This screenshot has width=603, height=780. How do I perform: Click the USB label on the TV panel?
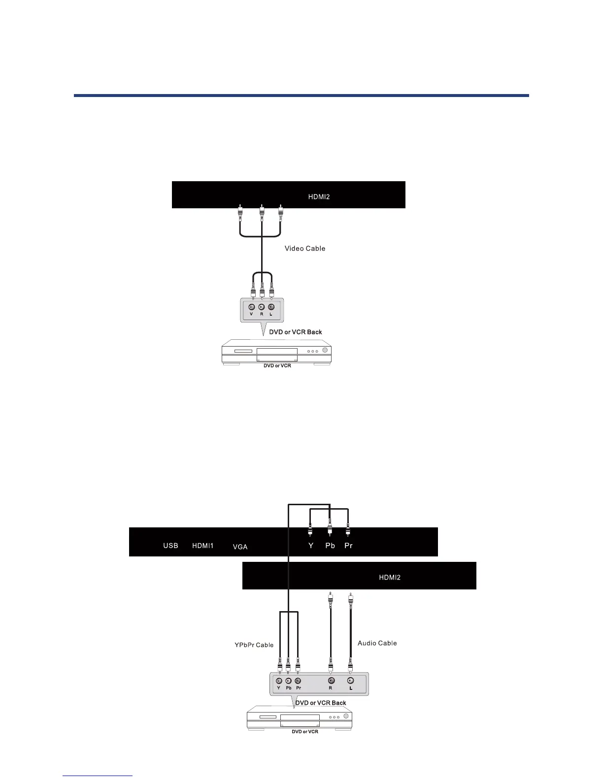170,546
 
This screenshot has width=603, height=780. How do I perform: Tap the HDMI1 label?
202,546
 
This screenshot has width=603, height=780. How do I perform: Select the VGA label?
240,547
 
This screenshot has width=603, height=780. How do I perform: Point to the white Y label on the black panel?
310,546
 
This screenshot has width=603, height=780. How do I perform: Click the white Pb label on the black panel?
330,546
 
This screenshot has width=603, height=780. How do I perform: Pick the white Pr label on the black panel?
348,546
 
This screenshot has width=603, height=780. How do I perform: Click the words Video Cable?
305,249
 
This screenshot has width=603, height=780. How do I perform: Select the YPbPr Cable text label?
254,645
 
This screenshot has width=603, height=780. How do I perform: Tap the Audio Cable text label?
377,643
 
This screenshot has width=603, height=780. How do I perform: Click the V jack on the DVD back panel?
252,307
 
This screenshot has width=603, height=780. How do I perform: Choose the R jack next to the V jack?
262,307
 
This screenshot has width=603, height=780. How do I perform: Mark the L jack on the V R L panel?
271,307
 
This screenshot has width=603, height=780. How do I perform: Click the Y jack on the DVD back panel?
279,681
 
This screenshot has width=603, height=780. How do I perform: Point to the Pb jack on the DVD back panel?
288,681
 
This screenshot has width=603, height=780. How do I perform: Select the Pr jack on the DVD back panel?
298,681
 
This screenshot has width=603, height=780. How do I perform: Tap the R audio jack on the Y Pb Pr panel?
331,681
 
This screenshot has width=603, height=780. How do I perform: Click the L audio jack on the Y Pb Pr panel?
350,681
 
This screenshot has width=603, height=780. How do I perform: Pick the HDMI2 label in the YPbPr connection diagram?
390,577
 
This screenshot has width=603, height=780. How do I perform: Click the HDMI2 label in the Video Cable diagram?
319,197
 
